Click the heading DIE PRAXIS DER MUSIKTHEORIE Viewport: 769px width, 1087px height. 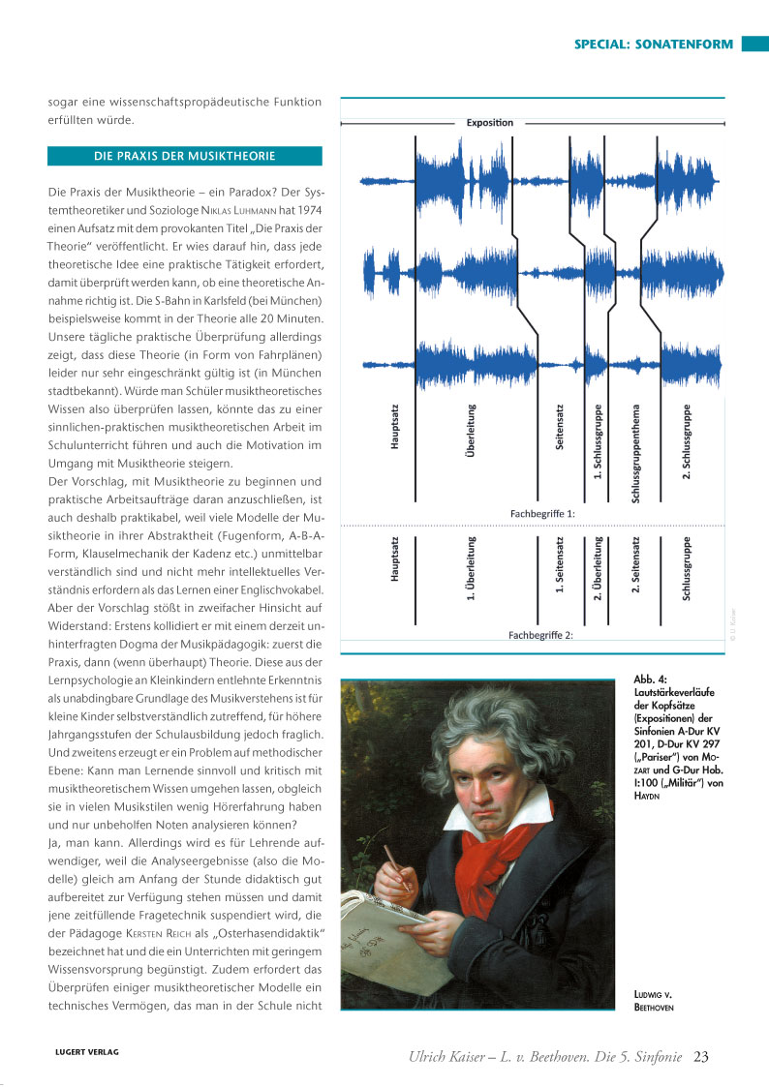(184, 155)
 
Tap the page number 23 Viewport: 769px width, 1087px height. (702, 1056)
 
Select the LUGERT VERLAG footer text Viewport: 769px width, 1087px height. (86, 1052)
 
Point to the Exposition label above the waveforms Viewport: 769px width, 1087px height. (490, 123)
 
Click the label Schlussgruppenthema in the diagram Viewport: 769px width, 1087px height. (636, 453)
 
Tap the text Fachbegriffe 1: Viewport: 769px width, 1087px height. (542, 512)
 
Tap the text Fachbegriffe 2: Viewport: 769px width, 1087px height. (542, 636)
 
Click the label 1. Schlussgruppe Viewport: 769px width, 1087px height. (599, 441)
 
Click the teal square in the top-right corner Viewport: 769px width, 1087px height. (754, 45)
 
